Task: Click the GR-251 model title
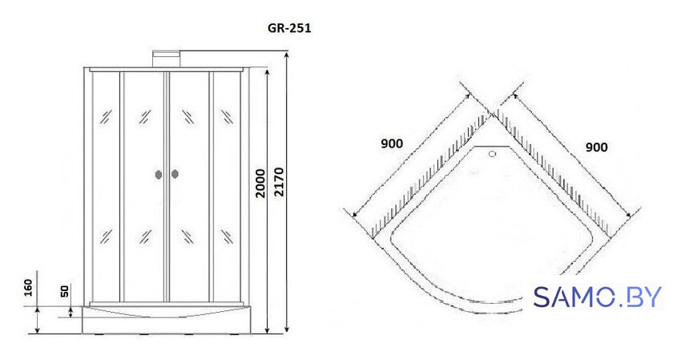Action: pos(289,29)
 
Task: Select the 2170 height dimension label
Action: pos(279,182)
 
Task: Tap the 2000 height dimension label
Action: pos(260,183)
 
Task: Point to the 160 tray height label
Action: pos(27,287)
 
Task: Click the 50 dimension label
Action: pos(64,291)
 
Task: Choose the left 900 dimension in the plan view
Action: pos(392,144)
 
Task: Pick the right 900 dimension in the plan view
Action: pos(597,148)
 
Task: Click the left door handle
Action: pos(159,175)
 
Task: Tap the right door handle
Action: pos(175,174)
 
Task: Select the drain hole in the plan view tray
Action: pos(492,153)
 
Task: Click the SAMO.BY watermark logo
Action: pos(598,297)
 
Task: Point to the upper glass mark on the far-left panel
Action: pos(106,116)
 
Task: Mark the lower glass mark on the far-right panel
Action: pos(227,237)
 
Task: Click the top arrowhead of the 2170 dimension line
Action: pos(286,55)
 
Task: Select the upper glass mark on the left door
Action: pos(145,116)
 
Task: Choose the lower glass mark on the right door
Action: pos(187,237)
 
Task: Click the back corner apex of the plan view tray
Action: pos(492,112)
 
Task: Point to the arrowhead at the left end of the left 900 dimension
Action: pos(354,215)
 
